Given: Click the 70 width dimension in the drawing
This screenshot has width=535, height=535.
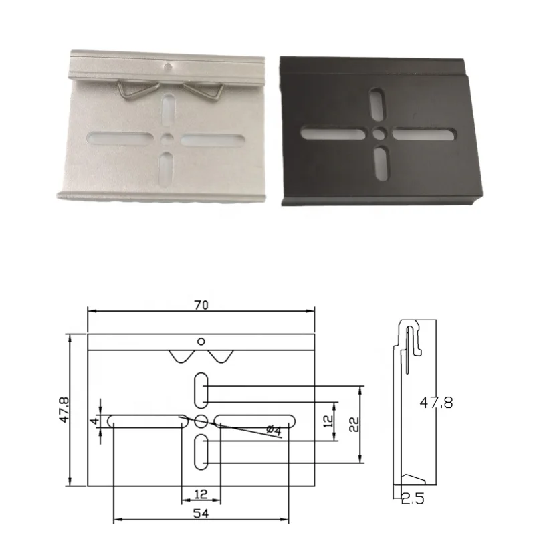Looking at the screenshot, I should coord(201,305).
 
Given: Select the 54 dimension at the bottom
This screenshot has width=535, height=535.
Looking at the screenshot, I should coord(201,514).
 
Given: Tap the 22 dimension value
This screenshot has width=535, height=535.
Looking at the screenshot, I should coord(354,424).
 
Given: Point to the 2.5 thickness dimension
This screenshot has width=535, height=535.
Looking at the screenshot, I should coord(413,498).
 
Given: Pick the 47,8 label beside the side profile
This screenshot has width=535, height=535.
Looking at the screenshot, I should coord(435,403).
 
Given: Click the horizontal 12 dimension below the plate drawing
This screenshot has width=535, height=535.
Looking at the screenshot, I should coord(201,494).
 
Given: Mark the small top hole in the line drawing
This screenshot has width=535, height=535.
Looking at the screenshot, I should coord(201,342).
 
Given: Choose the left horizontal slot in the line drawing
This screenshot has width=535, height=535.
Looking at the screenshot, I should coord(147,421).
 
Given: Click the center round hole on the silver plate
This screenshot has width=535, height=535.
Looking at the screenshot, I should coord(167,139).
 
